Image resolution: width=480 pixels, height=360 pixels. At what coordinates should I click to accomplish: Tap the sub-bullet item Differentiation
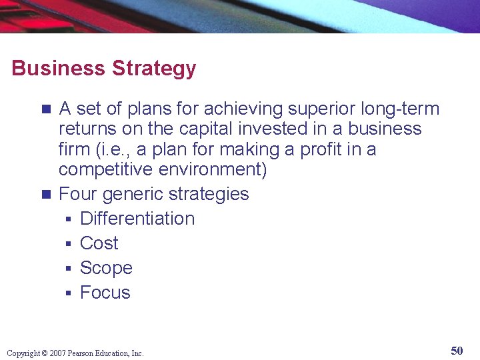click(x=137, y=219)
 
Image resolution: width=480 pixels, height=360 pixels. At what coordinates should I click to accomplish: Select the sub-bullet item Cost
click(x=99, y=243)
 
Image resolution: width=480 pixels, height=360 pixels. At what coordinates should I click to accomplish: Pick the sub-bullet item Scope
click(x=106, y=268)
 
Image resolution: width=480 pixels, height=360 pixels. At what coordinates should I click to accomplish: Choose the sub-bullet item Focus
click(x=105, y=293)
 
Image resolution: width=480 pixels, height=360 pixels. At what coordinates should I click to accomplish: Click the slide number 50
click(x=457, y=351)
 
